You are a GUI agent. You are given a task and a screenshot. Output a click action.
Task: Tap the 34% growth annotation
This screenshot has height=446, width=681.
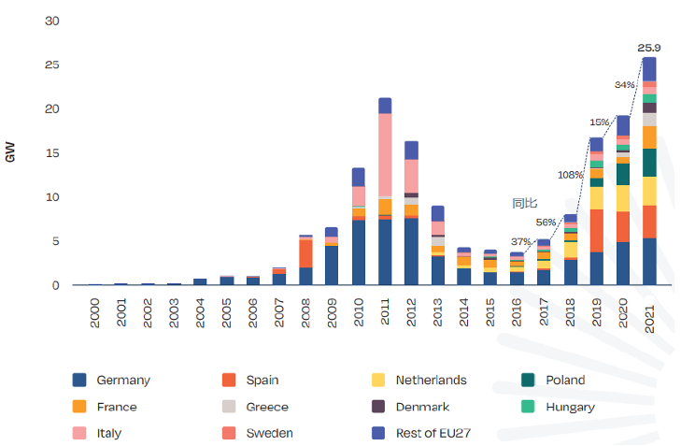coord(625,84)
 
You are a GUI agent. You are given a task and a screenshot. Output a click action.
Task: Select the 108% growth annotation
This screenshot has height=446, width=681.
coord(570,175)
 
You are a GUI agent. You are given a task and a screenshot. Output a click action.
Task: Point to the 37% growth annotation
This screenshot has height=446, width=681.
coord(520,242)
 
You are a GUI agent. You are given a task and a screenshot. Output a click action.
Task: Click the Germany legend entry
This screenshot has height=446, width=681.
coord(121,380)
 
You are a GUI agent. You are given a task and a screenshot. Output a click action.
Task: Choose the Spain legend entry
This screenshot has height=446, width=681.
coord(261,380)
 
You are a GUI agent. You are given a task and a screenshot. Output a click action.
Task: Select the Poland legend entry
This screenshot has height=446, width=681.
coord(564,380)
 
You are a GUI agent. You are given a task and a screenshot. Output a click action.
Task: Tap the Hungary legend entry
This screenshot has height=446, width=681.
coord(570,407)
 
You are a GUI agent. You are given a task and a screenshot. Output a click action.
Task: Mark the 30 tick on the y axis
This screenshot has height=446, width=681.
coord(52,22)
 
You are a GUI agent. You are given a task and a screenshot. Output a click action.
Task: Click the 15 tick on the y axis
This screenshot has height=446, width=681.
coord(52,153)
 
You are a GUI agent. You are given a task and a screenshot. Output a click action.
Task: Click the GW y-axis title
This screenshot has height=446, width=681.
coord(11,153)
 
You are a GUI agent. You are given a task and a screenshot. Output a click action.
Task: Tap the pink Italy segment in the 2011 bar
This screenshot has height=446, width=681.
coord(384,154)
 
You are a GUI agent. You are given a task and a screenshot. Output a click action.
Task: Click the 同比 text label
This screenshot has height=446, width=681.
coord(524,203)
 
